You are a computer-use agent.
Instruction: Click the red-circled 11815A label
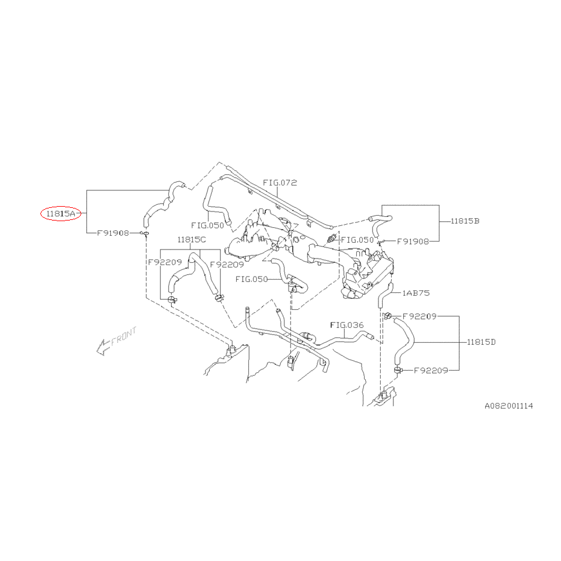click(61, 214)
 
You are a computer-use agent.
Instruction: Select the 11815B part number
click(465, 221)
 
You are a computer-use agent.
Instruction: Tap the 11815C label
click(192, 239)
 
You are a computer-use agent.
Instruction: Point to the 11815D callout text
click(481, 342)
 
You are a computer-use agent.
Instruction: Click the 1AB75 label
click(416, 293)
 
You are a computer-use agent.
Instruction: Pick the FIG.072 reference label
click(280, 183)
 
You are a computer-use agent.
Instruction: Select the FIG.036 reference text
click(346, 325)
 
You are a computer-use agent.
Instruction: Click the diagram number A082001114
click(509, 406)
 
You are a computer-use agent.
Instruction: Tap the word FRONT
click(124, 336)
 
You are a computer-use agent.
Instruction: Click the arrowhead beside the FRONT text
click(102, 347)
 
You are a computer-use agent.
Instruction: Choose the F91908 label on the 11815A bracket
click(113, 233)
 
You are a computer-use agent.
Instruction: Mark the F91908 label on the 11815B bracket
click(413, 242)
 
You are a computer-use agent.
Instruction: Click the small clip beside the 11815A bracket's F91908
click(145, 234)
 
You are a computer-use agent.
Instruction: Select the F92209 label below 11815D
click(431, 371)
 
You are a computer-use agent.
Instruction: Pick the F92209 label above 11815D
click(419, 316)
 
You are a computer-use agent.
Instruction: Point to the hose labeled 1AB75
click(385, 295)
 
